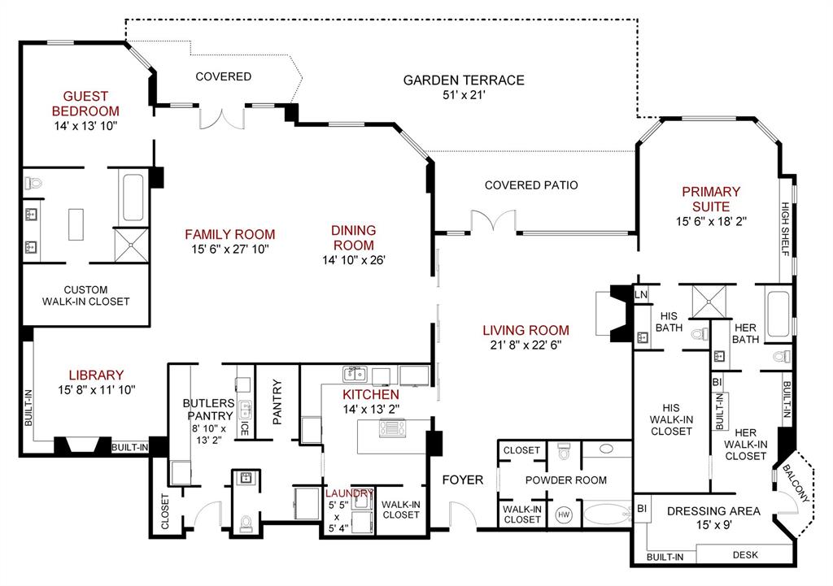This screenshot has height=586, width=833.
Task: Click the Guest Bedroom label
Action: pyautogui.click(x=85, y=103)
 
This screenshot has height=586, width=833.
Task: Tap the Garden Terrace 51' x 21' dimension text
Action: pyautogui.click(x=464, y=95)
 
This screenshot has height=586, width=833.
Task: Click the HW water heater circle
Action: pyautogui.click(x=564, y=514)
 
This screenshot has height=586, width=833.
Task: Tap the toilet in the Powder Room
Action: pyautogui.click(x=564, y=452)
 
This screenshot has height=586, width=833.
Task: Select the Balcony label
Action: pyautogui.click(x=796, y=485)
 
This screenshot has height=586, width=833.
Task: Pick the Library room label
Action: pyautogui.click(x=96, y=375)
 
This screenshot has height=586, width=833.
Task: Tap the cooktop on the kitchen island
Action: pyautogui.click(x=394, y=429)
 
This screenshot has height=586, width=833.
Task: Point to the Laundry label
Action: pyautogui.click(x=350, y=493)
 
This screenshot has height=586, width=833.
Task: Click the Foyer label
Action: pyautogui.click(x=463, y=480)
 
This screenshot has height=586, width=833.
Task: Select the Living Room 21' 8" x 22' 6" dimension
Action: pyautogui.click(x=526, y=345)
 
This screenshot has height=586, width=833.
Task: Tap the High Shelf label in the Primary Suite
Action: pyautogui.click(x=786, y=228)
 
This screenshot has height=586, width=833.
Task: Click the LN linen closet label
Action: pyautogui.click(x=641, y=294)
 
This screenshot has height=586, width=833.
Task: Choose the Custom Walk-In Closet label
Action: pyautogui.click(x=85, y=295)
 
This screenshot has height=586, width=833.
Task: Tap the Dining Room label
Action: pyautogui.click(x=353, y=238)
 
